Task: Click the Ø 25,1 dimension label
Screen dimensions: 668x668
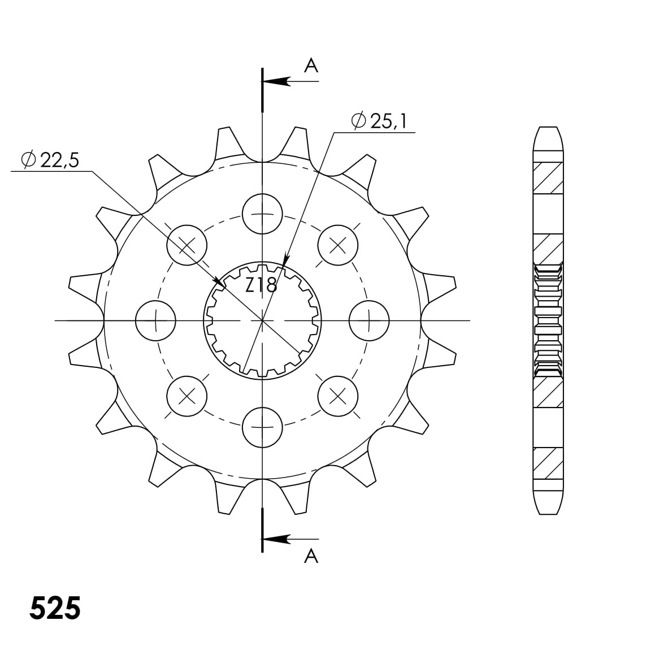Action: pos(379,121)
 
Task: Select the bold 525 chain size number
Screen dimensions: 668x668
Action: pos(55,608)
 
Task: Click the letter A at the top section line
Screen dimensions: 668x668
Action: pos(311,67)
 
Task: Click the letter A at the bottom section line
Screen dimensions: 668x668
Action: pos(311,557)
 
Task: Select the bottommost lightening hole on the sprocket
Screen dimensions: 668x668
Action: pos(262,427)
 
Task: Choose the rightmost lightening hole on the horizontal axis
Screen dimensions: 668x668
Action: pos(369,321)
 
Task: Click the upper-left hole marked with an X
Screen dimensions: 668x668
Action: pos(187,245)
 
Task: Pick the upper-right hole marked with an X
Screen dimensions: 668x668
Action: pos(338,245)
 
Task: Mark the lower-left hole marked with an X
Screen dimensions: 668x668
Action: pos(187,396)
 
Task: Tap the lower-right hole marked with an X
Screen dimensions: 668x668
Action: pos(338,396)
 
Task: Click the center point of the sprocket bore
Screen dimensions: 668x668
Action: pos(262,321)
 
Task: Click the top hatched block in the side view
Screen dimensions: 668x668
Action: pos(549,177)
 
